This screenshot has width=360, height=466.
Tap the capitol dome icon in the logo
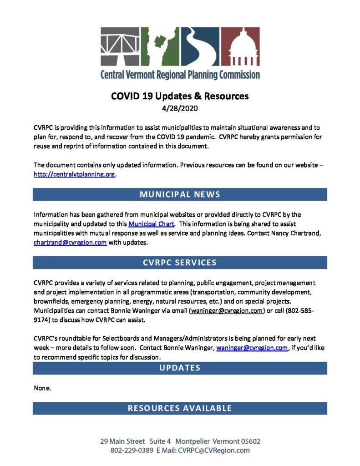(x=241, y=47)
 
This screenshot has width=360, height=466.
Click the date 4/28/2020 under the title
(x=180, y=109)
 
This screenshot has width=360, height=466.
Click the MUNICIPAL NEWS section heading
(x=180, y=194)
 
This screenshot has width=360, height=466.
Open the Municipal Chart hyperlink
(x=151, y=224)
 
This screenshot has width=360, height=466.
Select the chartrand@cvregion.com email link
(x=70, y=243)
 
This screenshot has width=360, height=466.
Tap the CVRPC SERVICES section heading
(x=180, y=263)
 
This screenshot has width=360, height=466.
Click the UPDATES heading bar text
(x=180, y=368)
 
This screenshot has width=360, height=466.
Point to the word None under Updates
(x=42, y=388)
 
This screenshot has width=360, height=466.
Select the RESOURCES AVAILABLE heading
(x=180, y=408)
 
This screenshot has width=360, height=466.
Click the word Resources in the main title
(x=222, y=96)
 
